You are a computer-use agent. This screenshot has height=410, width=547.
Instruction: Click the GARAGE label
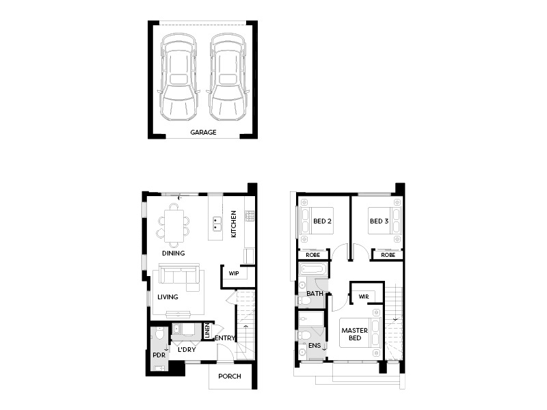203,132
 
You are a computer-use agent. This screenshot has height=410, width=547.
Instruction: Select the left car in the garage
178,77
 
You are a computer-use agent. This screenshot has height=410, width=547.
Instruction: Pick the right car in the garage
228,77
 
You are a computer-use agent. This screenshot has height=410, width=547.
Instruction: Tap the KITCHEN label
233,224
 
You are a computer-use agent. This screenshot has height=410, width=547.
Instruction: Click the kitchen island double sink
217,224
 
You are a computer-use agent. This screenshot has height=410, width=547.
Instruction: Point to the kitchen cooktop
250,216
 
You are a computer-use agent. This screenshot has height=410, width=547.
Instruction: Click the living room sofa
179,277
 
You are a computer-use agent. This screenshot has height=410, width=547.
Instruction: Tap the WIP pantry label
234,273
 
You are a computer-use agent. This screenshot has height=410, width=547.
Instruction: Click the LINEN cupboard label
206,330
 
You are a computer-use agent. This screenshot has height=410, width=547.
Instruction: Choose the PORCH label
230,377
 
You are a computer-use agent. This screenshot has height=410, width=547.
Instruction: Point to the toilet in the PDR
159,333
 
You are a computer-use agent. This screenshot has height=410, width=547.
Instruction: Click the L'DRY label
187,350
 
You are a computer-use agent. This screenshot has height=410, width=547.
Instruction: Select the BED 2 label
322,221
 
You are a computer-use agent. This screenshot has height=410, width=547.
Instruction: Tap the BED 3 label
379,221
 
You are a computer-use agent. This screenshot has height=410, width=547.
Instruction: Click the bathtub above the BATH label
314,269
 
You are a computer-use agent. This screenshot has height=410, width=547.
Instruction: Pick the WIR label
364,297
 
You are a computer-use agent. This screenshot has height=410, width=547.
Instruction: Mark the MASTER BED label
354,334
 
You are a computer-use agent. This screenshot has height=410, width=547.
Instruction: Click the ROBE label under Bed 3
388,255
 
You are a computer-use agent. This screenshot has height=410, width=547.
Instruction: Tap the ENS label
315,346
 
